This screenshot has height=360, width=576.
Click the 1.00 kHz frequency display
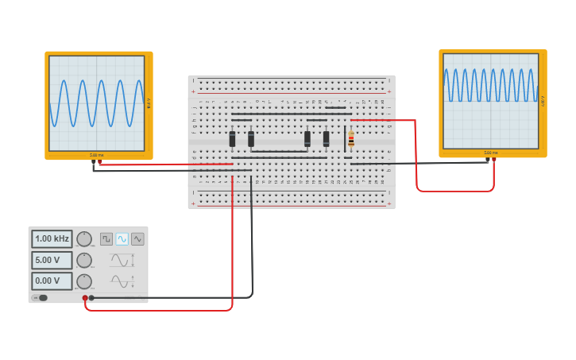[x=52, y=238]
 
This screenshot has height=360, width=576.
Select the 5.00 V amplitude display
[x=52, y=260]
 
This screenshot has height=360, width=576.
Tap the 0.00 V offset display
[x=52, y=281]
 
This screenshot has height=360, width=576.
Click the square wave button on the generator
[x=106, y=238]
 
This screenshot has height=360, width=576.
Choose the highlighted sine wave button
[x=122, y=238]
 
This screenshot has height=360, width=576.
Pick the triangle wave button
[x=137, y=238]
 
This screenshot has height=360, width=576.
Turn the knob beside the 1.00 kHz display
[x=84, y=239]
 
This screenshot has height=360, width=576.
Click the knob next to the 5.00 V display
[x=84, y=260]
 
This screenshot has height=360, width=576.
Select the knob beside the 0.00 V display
[x=84, y=281]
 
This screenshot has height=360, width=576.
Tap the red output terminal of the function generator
[x=85, y=298]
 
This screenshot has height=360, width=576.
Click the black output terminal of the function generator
[x=91, y=298]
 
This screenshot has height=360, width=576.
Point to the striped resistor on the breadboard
[x=351, y=139]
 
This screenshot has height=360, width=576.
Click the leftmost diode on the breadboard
[x=232, y=139]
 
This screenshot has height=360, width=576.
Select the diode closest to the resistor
[x=326, y=139]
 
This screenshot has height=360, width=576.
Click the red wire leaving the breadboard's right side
[x=416, y=159]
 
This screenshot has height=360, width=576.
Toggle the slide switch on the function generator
[x=41, y=298]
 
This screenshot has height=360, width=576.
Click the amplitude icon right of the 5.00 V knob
[x=119, y=260]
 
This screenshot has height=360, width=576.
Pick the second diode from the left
[x=251, y=139]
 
